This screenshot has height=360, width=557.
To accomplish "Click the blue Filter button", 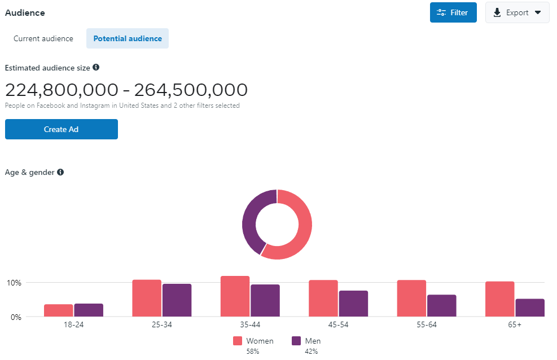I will coord(453,12).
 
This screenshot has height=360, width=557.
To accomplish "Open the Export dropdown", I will coord(517,12).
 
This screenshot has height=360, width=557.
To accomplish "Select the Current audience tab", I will coord(43,39).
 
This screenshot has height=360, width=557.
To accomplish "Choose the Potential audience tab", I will coord(128,39).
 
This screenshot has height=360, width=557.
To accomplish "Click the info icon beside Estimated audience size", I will coord(96,68).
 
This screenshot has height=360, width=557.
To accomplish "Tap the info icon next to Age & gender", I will coord(60,172).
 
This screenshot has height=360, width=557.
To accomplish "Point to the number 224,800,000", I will coord(62,90).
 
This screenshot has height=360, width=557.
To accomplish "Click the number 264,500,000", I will coord(191,90).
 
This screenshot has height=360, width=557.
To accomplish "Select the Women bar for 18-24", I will coord(59,310).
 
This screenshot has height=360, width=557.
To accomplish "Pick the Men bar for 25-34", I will coord(177,300).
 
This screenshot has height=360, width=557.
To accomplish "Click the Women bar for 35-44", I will coord(235,296).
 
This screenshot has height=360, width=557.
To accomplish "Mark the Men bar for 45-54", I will coord(353,304).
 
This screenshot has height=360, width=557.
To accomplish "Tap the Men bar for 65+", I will coord(530,308).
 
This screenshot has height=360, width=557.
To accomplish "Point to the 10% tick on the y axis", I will coord(14,283).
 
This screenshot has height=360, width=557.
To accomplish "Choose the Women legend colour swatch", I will coord(238,341).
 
